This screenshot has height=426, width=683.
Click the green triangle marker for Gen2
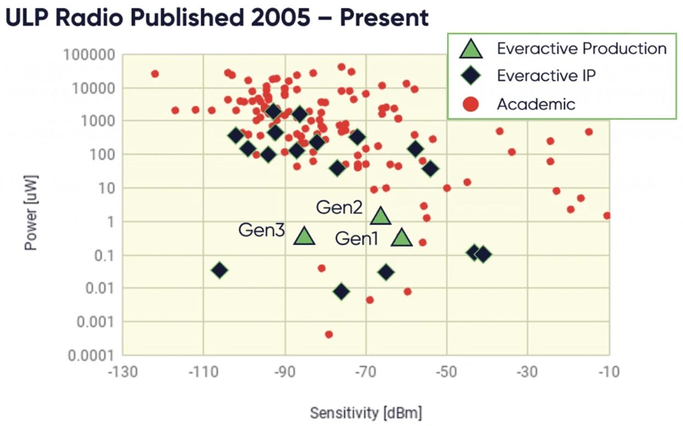pyautogui.click(x=381, y=216)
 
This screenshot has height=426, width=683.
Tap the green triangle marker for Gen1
pyautogui.click(x=402, y=238)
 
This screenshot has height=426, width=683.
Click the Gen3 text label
pyautogui.click(x=262, y=230)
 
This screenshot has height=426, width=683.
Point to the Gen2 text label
pyautogui.click(x=339, y=207)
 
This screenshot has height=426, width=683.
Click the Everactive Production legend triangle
pyautogui.click(x=471, y=49)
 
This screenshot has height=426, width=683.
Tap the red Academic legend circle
pyautogui.click(x=471, y=103)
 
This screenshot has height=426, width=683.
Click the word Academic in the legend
pyautogui.click(x=536, y=103)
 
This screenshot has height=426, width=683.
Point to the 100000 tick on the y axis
pyautogui.click(x=88, y=56)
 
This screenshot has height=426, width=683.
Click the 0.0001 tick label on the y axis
pyautogui.click(x=91, y=356)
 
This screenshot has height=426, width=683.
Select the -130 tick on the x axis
pyautogui.click(x=122, y=372)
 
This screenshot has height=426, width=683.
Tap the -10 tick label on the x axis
pyautogui.click(x=608, y=372)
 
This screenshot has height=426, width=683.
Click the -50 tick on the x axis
pyautogui.click(x=446, y=372)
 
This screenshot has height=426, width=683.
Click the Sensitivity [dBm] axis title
pyautogui.click(x=366, y=413)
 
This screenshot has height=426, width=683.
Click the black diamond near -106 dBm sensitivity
pyautogui.click(x=220, y=270)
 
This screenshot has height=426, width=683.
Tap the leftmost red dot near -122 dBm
pyautogui.click(x=155, y=74)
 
